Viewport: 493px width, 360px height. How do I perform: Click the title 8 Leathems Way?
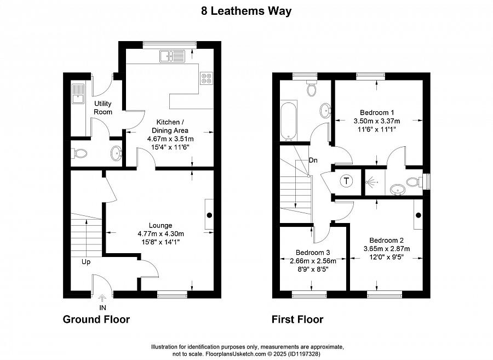pos(246,11)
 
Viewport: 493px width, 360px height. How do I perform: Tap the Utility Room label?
pos(103,107)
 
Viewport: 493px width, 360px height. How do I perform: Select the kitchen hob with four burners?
pos(206,78)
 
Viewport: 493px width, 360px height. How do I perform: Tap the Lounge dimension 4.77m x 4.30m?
pos(160,233)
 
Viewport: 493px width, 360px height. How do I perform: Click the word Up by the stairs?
pos(86,261)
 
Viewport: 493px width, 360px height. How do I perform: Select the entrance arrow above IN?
pos(102,298)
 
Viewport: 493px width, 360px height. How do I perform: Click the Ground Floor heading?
pos(96,319)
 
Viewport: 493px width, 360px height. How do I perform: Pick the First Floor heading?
pos(297,319)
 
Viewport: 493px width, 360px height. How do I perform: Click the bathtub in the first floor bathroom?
pos(288,120)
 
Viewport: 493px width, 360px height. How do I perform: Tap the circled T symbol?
pos(347,181)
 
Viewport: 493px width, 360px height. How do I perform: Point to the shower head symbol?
pos(372,181)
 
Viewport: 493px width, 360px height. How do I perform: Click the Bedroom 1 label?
pos(377,112)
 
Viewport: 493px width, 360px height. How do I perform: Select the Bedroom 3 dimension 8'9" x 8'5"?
pos(312,269)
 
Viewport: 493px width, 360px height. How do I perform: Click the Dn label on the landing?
pos(313,161)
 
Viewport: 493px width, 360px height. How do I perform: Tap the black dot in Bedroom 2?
pos(419,215)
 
